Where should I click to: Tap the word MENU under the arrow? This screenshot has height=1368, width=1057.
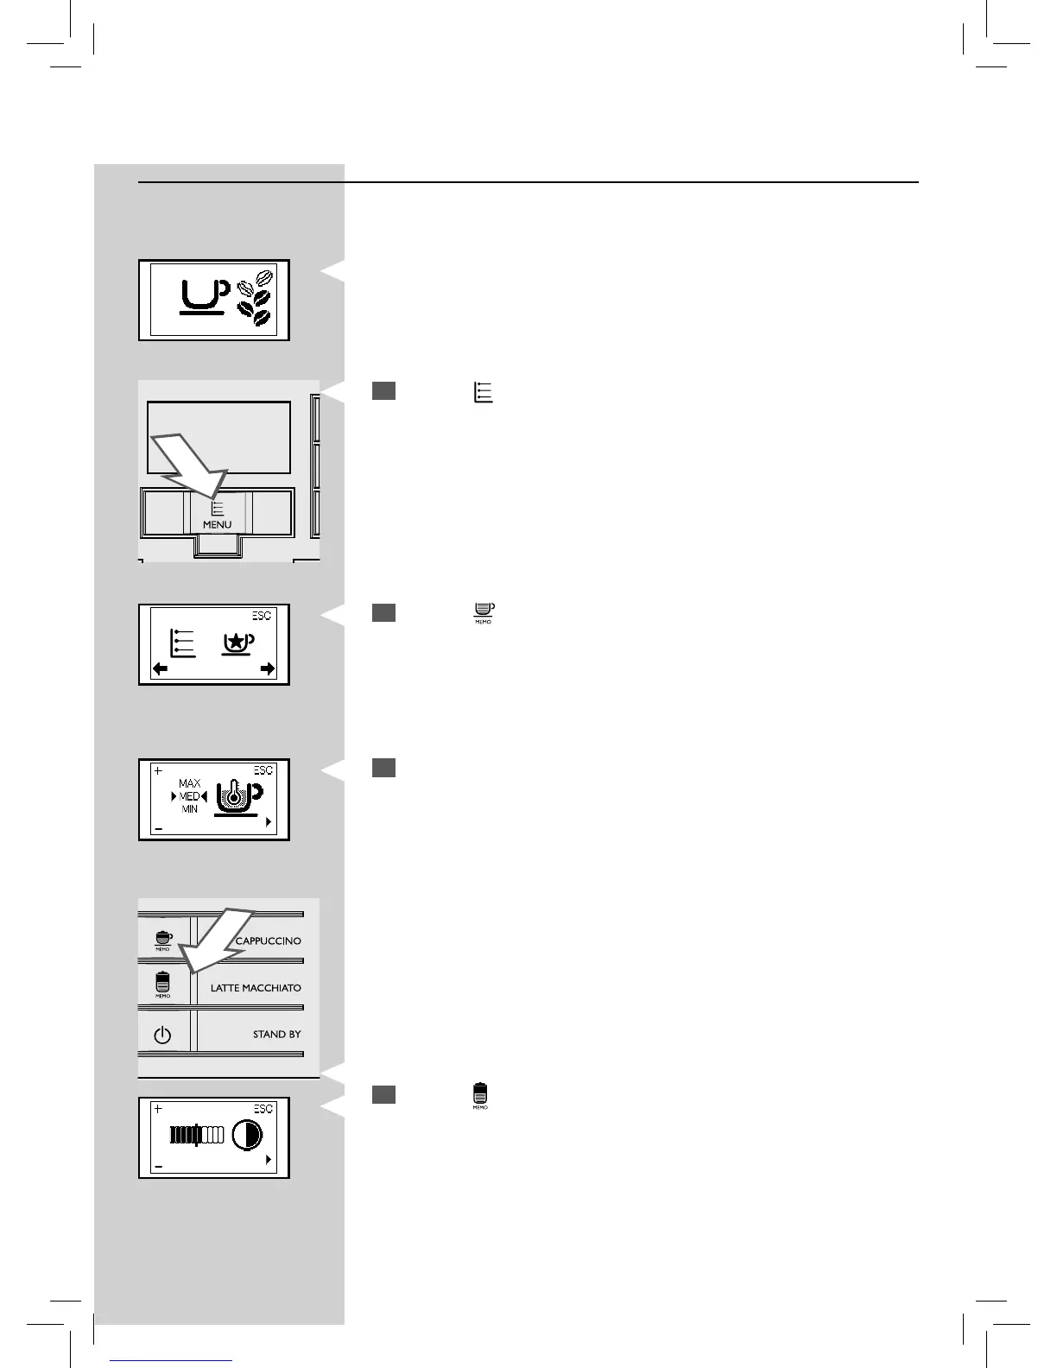tap(217, 524)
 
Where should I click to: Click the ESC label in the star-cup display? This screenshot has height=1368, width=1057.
tap(262, 616)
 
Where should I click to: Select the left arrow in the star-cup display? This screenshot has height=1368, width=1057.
tap(161, 668)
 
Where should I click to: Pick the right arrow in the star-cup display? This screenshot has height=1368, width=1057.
tap(268, 668)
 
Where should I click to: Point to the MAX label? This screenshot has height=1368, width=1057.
tap(190, 783)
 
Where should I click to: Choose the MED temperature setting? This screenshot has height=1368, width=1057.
tap(190, 796)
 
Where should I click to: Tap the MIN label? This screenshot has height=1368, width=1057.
tap(190, 809)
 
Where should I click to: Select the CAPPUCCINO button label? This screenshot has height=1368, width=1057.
tap(268, 940)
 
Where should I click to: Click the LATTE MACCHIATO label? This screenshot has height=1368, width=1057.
tap(256, 988)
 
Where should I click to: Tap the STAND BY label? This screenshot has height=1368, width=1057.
tap(276, 1034)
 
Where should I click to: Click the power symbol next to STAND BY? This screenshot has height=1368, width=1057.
tap(162, 1035)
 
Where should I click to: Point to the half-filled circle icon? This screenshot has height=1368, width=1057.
tap(247, 1136)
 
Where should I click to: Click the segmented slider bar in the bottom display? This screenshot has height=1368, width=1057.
tap(197, 1135)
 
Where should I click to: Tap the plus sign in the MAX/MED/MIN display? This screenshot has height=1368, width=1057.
tap(158, 770)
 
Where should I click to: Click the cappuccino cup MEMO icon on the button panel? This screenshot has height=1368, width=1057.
tap(162, 940)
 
